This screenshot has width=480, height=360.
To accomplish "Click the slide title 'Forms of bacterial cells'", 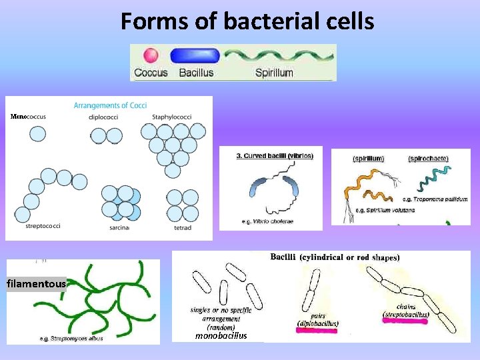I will (x=247, y=22).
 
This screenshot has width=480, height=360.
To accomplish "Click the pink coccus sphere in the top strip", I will (x=151, y=55).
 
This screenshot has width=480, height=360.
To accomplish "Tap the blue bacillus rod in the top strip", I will (x=190, y=56).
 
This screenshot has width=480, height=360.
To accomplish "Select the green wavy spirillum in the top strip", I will (x=277, y=55).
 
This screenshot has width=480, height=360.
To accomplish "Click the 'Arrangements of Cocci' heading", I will (x=110, y=105).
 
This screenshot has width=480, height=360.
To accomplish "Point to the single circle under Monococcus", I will (x=38, y=134).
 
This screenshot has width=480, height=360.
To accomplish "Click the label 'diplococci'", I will (x=105, y=117).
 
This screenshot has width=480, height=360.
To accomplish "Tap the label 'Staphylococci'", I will (x=172, y=117).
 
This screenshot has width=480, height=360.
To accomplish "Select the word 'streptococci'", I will (x=43, y=226).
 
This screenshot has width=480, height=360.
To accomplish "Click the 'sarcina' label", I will (x=119, y=227).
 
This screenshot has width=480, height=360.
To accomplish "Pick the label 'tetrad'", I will (x=182, y=227).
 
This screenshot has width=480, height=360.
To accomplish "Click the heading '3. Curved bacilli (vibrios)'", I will (x=275, y=155).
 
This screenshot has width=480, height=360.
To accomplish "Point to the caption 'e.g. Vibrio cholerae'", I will (x=268, y=221).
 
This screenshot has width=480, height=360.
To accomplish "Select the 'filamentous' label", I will (x=37, y=284).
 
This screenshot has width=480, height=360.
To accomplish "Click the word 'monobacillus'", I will (x=221, y=336).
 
